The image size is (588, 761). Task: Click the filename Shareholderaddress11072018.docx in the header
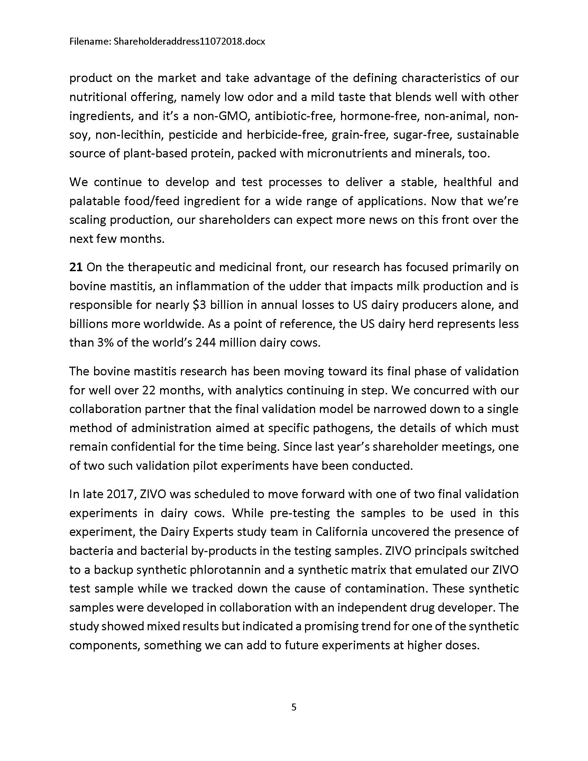190,42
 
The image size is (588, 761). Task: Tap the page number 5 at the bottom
294,707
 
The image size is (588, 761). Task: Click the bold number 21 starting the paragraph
76,267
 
